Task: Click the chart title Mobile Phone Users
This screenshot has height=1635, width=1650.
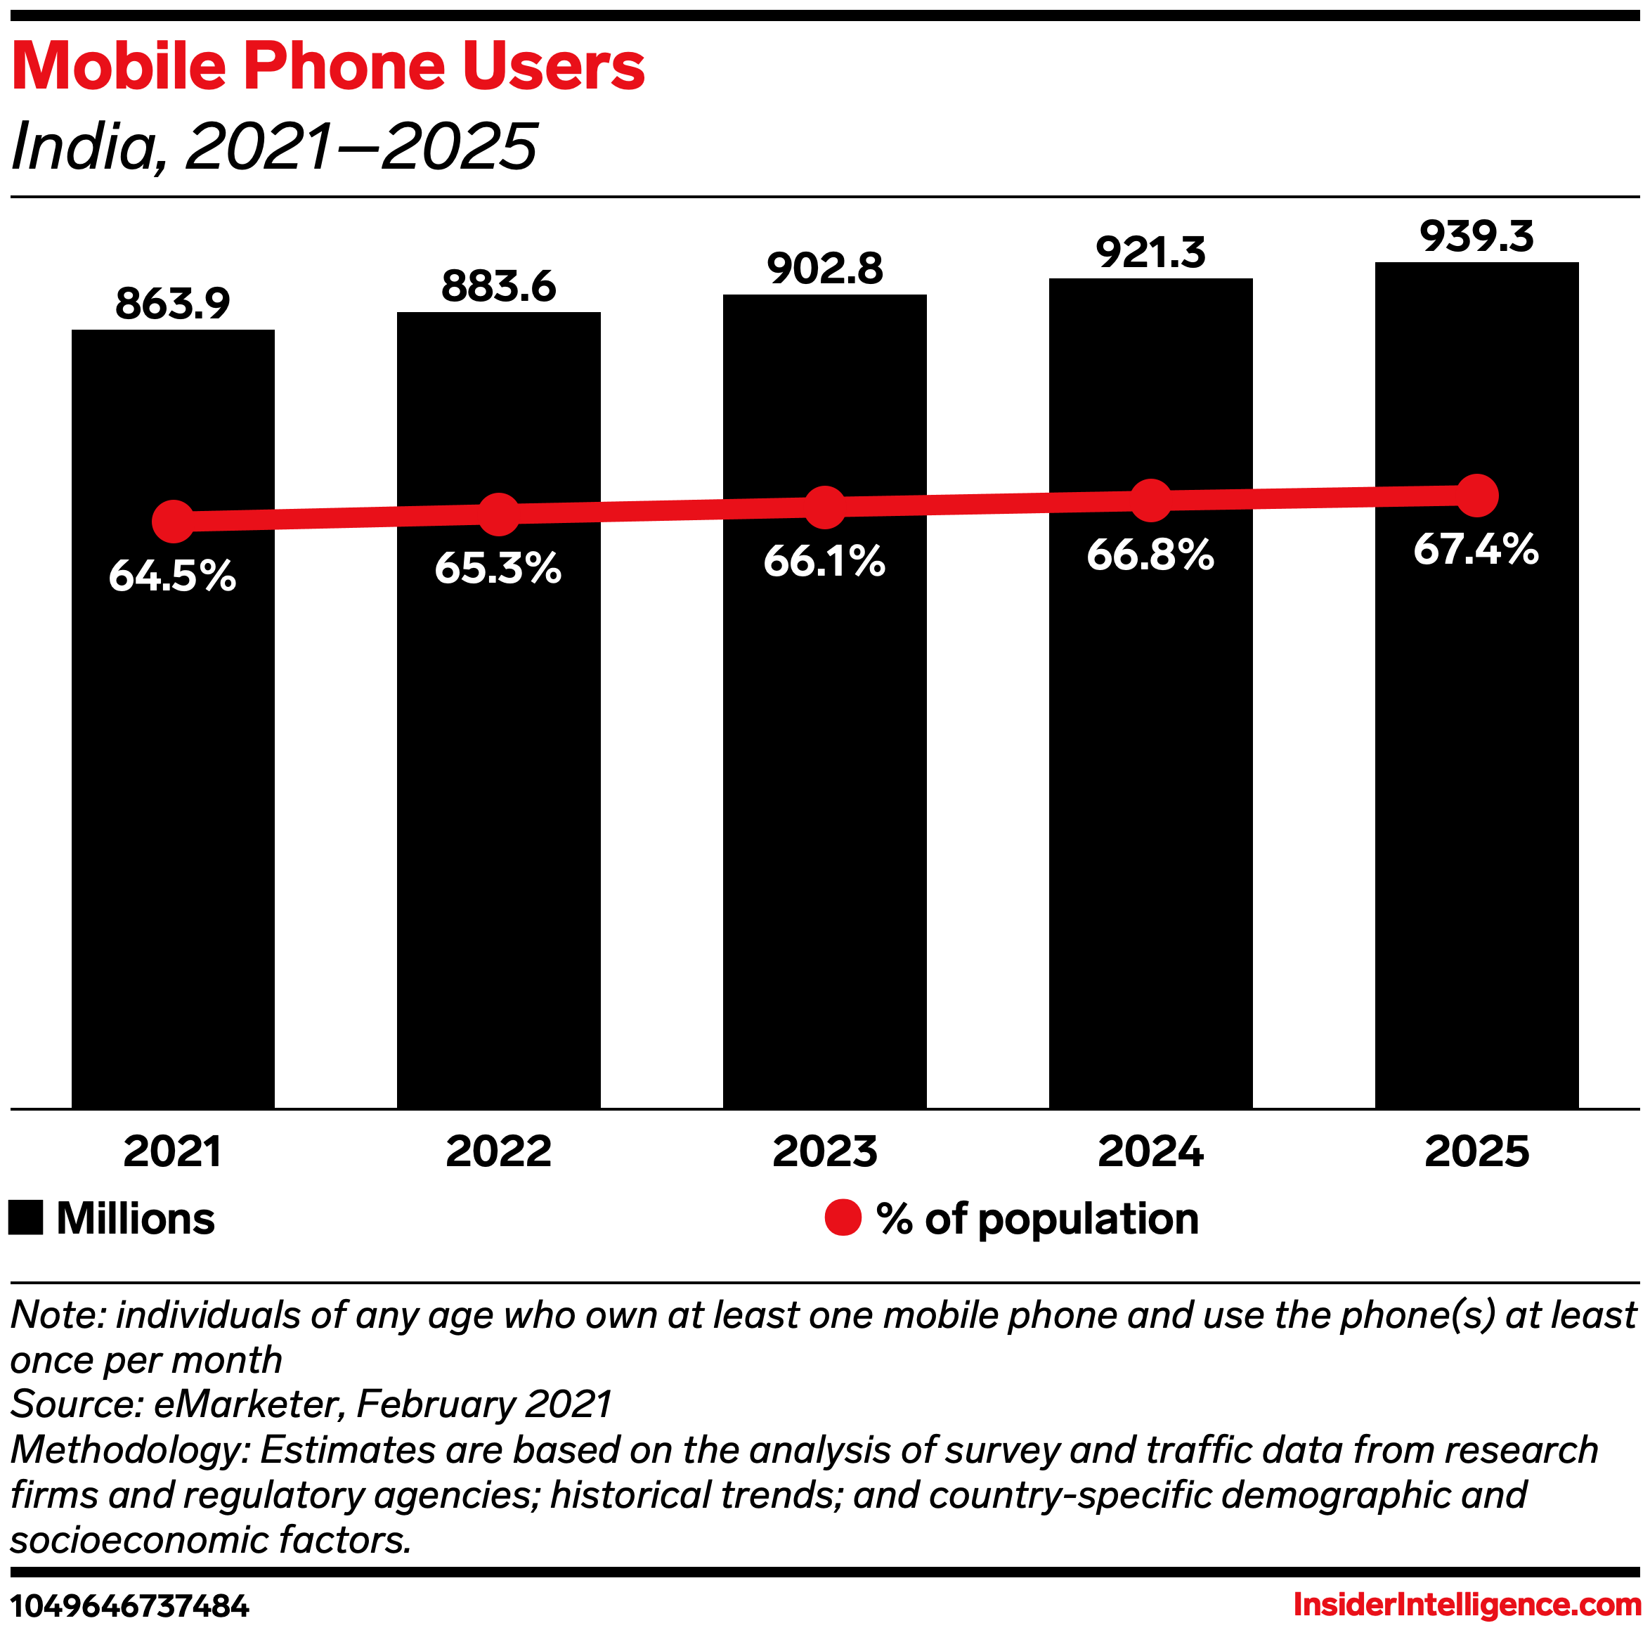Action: tap(328, 67)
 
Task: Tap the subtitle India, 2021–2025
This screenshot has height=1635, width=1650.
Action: tap(274, 146)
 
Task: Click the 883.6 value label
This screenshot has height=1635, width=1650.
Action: tap(499, 286)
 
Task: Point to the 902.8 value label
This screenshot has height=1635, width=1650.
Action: tap(824, 269)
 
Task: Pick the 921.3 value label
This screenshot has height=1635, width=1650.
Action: tap(1150, 253)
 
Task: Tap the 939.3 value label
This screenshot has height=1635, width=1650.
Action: tap(1476, 237)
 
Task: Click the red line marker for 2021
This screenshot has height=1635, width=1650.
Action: tap(172, 521)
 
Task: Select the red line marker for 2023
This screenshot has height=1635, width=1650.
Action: tap(824, 508)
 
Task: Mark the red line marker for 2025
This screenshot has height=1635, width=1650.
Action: tap(1476, 496)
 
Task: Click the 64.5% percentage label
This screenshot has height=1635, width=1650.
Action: tap(172, 576)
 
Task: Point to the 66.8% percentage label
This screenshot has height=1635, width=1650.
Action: tap(1150, 556)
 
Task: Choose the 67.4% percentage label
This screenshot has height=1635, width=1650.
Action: tap(1476, 549)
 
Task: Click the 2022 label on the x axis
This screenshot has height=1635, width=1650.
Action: tap(499, 1151)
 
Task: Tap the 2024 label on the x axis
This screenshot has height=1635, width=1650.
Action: tap(1150, 1151)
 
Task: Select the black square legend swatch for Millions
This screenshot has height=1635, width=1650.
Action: tap(25, 1218)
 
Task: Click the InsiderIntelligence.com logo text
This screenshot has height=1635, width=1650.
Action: tap(1467, 1605)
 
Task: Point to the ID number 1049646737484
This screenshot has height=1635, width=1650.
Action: tap(130, 1607)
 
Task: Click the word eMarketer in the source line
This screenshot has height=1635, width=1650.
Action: tap(247, 1404)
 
